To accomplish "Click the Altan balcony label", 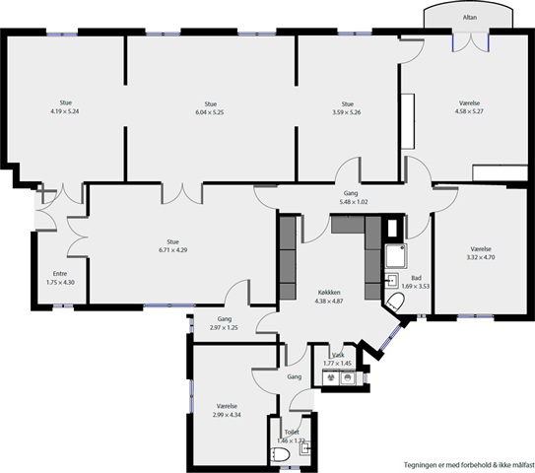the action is pos(470,18).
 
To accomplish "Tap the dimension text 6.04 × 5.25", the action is pos(210,112).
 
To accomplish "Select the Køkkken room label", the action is pos(329,293).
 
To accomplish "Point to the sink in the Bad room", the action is pos(392,281).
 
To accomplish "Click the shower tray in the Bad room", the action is pos(396,256).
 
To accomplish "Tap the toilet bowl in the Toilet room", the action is pos(280,454).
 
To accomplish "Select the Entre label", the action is pos(60,274).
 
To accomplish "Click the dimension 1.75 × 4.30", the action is pos(60,283).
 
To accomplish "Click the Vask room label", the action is pos(337,356).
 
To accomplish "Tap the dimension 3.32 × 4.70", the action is pos(481,257).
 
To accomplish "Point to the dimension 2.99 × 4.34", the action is pos(227,415).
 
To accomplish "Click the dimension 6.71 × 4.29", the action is pos(172,250).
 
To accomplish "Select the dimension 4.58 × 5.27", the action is pos(469,111).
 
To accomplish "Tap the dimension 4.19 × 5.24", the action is pos(65,111).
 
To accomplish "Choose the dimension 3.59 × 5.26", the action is pos(347,112).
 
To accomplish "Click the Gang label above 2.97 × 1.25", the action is pos(225,319).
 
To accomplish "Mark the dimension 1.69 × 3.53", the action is pos(416,287).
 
